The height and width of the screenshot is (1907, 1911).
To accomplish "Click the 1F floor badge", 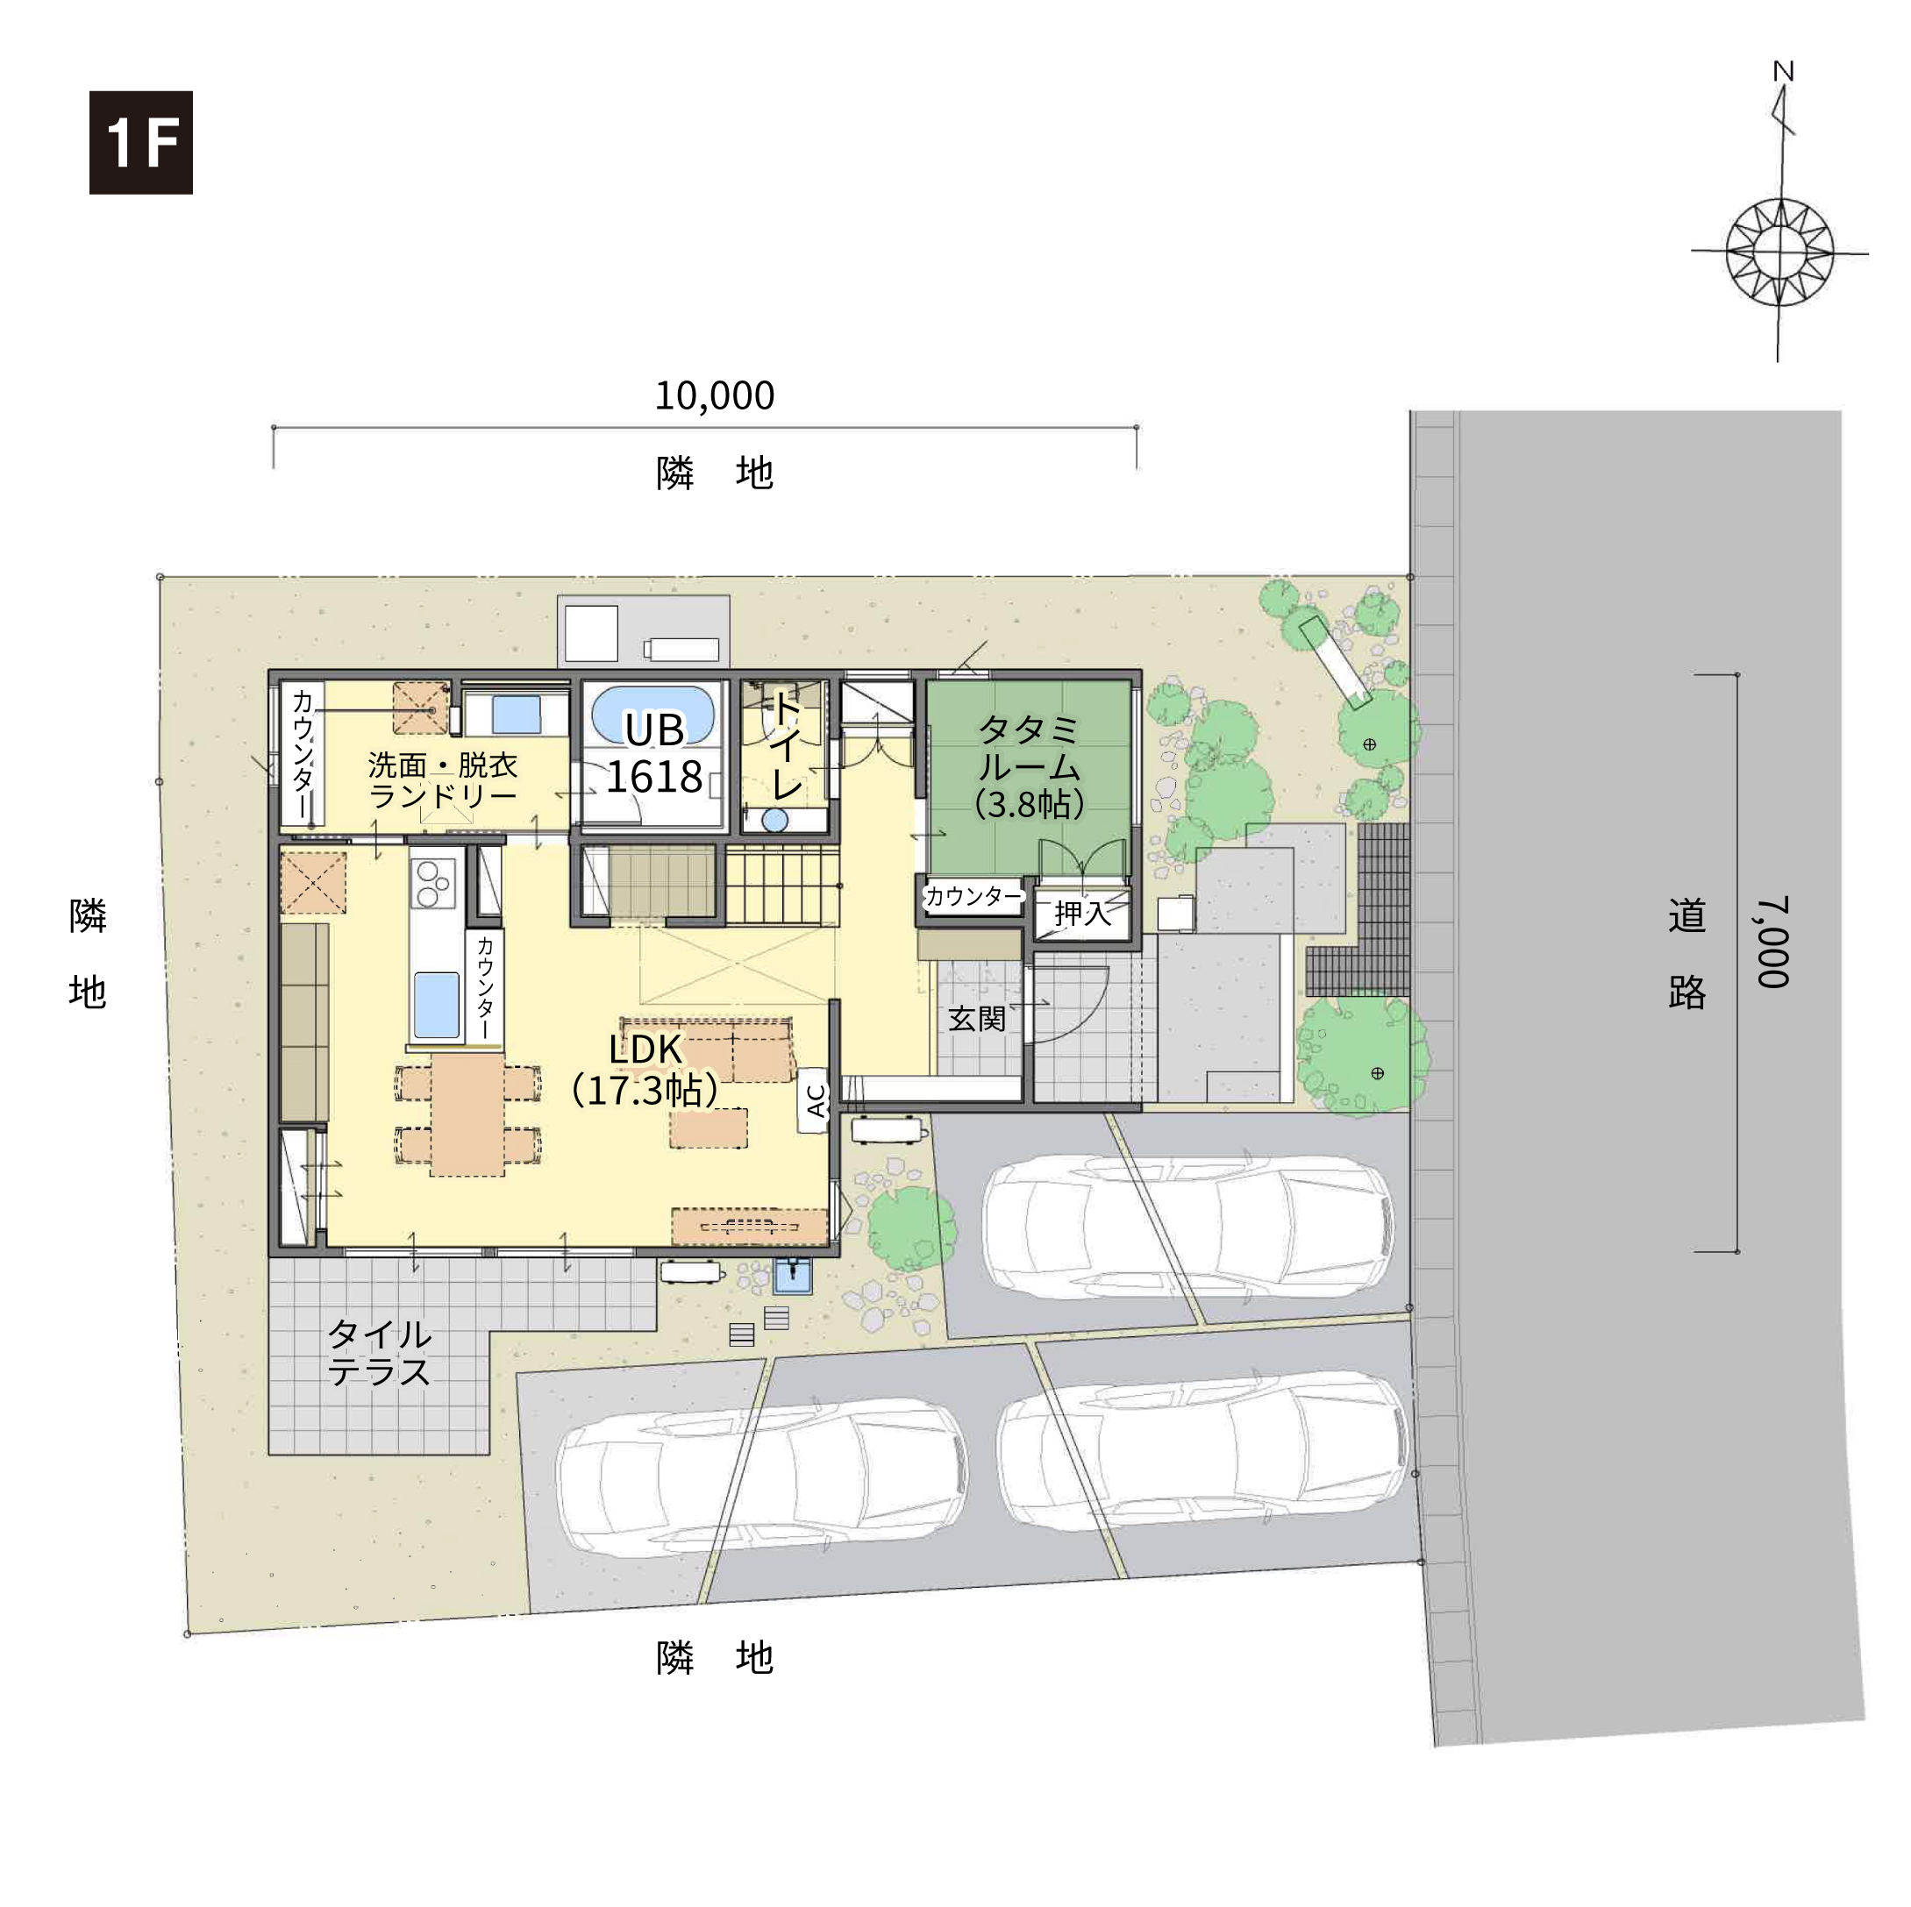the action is click(140, 142).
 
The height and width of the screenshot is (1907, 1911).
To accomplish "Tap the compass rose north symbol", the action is click(1779, 214).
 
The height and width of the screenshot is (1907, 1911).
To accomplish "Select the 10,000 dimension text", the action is click(714, 395).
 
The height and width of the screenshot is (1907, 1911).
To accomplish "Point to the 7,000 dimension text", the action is click(1772, 942).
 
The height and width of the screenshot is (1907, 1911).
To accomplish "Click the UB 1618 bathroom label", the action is click(654, 752).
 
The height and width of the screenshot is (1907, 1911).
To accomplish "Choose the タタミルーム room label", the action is click(1029, 766).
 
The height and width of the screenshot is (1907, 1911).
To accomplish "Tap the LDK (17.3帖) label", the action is click(645, 1069).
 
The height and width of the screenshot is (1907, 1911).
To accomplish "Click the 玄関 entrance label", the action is click(976, 1018).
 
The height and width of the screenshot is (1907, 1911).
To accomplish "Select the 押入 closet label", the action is click(1082, 913).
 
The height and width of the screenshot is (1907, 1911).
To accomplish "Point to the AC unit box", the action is click(814, 1099).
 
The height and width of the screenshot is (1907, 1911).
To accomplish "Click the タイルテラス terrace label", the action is click(379, 1352).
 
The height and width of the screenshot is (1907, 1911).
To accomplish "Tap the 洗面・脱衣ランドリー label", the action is click(442, 779).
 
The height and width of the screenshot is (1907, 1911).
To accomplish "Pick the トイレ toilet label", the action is click(787, 744).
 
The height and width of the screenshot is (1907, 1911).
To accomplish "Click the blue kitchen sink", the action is click(435, 1004).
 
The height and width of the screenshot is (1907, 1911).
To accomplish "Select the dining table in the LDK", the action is click(467, 1114).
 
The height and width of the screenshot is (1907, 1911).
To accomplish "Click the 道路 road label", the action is click(1686, 952).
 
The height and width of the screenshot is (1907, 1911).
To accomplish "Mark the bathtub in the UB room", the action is click(652, 714).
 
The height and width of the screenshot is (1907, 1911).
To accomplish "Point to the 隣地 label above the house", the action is click(714, 473).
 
